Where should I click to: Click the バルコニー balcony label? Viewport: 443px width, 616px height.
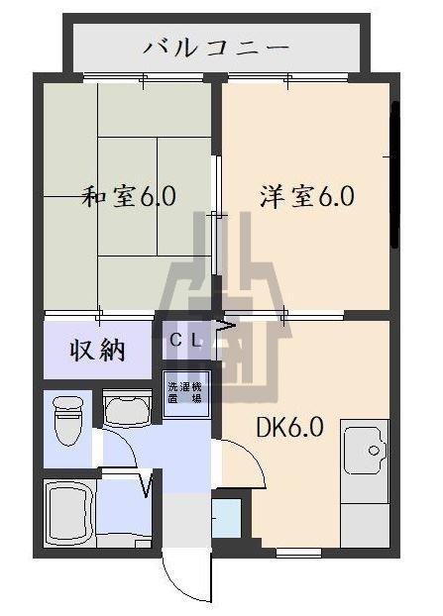click(216, 46)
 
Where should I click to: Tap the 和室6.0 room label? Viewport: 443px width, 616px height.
click(129, 196)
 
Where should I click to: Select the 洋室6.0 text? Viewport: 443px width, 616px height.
click(306, 196)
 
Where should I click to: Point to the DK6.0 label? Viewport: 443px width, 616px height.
click(290, 428)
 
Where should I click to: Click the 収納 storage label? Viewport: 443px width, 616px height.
click(96, 350)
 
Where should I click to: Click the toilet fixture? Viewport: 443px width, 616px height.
click(68, 420)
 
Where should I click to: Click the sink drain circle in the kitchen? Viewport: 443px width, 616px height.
click(376, 452)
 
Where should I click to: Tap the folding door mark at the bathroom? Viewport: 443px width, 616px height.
click(148, 485)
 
